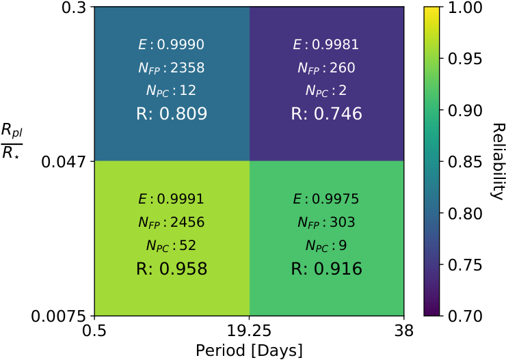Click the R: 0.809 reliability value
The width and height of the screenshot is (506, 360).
tap(172, 114)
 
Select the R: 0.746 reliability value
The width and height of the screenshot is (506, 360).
tap(327, 114)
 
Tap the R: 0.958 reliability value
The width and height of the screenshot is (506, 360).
tap(172, 268)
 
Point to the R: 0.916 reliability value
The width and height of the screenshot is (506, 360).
tap(327, 268)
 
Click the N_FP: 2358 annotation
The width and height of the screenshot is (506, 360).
tap(172, 68)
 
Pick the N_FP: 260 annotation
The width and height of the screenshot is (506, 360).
tap(326, 68)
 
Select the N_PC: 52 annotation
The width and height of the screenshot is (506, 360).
tap(172, 246)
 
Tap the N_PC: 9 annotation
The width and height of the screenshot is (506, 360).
tap(326, 246)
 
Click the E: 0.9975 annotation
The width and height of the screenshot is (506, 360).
tap(326, 199)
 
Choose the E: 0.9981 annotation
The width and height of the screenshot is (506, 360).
tap(326, 44)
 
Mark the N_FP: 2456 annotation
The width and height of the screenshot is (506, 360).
tap(172, 223)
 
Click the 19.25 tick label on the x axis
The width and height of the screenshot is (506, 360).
tap(249, 331)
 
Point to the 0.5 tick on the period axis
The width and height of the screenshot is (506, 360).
tap(94, 331)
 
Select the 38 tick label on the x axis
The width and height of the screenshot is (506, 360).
tap(403, 331)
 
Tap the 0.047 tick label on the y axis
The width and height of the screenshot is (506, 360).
tap(64, 161)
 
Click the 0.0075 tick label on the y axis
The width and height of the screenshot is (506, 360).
tap(59, 316)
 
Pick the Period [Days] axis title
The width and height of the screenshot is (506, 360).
tap(249, 350)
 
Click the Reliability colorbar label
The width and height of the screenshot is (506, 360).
tap(497, 161)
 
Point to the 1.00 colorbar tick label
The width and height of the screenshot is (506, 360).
tap(465, 7)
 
